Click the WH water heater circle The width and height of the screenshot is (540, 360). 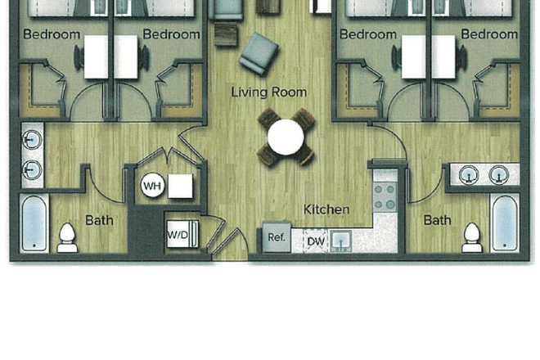[x=152, y=186]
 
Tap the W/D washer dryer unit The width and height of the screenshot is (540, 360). [x=182, y=234]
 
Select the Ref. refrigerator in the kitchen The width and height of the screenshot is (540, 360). [x=277, y=237]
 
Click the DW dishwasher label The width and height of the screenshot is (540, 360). [x=316, y=241]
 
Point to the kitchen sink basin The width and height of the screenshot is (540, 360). [x=341, y=241]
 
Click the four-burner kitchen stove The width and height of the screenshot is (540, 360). [x=385, y=197]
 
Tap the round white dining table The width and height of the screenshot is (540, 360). [x=286, y=137]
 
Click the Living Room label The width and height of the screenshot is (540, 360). [x=269, y=92]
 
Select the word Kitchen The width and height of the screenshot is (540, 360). [x=326, y=209]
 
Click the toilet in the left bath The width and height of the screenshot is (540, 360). [x=67, y=238]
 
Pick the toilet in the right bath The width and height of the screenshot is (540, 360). [x=472, y=238]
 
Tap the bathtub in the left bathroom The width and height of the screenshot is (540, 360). [x=34, y=223]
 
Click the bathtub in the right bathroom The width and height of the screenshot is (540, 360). [x=505, y=223]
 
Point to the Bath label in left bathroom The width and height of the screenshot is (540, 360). [x=99, y=220]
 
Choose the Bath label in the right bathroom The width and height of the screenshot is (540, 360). [x=438, y=220]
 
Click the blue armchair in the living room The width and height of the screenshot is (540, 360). [x=259, y=54]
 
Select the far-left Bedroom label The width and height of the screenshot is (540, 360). [x=52, y=34]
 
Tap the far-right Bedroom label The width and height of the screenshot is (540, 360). [x=489, y=34]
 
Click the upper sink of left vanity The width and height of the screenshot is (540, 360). [x=32, y=140]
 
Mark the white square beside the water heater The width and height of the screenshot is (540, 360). [x=180, y=186]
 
